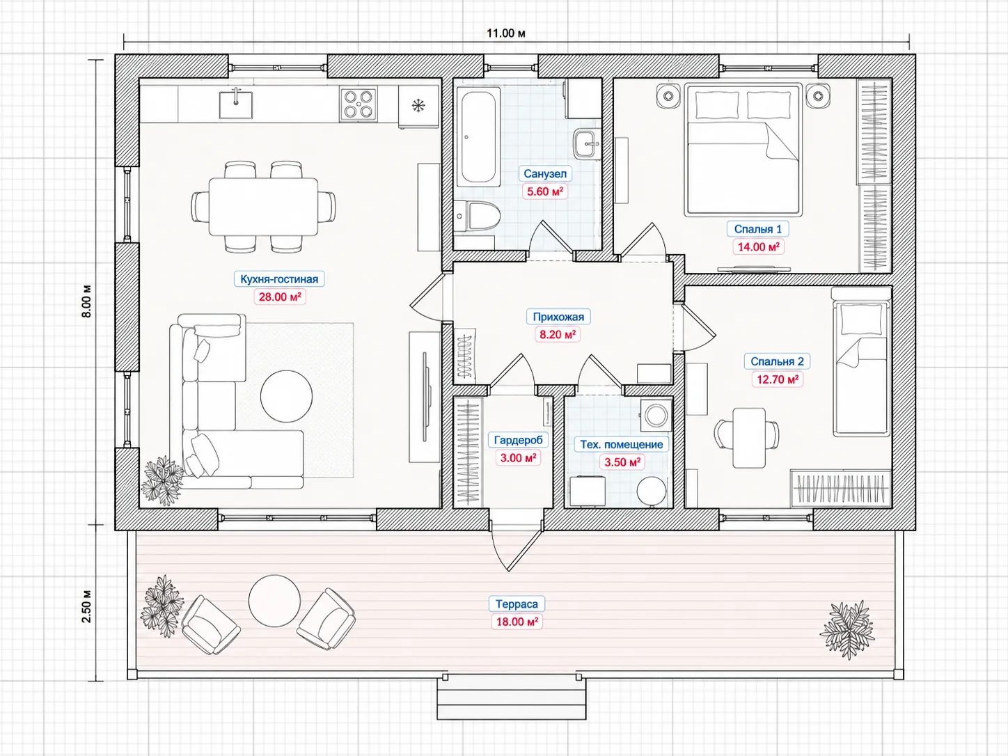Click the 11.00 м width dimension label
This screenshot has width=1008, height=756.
(506, 33)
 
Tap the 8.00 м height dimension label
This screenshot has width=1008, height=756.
(86, 301)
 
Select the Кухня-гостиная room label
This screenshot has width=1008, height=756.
(279, 279)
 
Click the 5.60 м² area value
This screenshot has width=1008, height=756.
(545, 191)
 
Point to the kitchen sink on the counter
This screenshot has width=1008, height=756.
(235, 104)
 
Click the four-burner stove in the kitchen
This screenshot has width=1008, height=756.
(359, 104)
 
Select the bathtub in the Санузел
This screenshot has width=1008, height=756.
(478, 136)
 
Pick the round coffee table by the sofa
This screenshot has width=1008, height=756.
(287, 396)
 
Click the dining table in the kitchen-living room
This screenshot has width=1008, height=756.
(263, 207)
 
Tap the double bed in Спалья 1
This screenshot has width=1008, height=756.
(743, 149)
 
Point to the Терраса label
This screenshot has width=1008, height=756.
(517, 604)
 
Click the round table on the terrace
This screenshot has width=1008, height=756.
(274, 601)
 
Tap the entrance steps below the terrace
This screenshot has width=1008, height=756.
(512, 699)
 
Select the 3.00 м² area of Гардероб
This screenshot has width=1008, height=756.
(517, 457)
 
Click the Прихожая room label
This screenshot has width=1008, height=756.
(558, 317)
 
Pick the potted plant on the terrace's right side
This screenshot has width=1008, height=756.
(848, 630)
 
